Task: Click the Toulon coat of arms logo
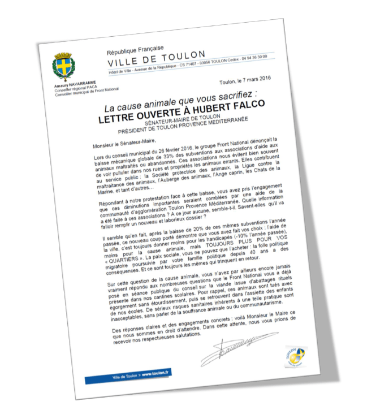click(x=63, y=66)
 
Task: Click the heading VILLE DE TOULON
click(x=157, y=55)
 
